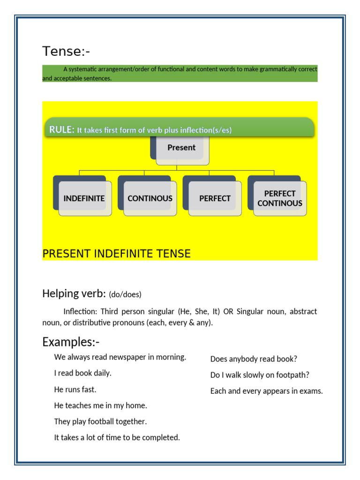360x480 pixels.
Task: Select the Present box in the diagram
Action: pyautogui.click(x=181, y=148)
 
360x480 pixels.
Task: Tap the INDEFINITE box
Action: pyautogui.click(x=84, y=198)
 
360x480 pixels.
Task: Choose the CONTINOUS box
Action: pyautogui.click(x=150, y=198)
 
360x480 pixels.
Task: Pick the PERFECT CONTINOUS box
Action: pyautogui.click(x=280, y=198)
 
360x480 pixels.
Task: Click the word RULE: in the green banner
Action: pyautogui.click(x=62, y=130)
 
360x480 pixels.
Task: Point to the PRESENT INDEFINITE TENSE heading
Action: pyautogui.click(x=116, y=254)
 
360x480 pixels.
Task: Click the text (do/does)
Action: pyautogui.click(x=125, y=294)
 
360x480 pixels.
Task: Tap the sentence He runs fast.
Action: pyautogui.click(x=75, y=389)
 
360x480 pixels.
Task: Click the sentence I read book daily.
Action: pyautogui.click(x=82, y=373)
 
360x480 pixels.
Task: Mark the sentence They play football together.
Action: pyautogui.click(x=100, y=421)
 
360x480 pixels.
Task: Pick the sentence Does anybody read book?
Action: pyautogui.click(x=254, y=359)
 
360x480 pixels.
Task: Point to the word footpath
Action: pyautogui.click(x=294, y=375)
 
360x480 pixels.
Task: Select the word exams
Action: pyautogui.click(x=312, y=391)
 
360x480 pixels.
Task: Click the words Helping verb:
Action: pyautogui.click(x=74, y=293)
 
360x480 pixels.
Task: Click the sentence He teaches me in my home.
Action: pyautogui.click(x=100, y=405)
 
